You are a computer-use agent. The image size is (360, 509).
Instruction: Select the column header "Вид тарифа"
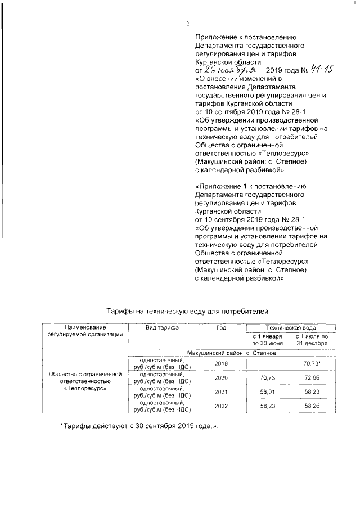pyautogui.click(x=162, y=327)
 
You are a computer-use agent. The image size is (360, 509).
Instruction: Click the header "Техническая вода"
pyautogui.click(x=290, y=327)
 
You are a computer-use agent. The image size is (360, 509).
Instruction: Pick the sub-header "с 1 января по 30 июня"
pyautogui.click(x=266, y=340)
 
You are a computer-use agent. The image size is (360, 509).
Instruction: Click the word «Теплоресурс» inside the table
pyautogui.click(x=85, y=388)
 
